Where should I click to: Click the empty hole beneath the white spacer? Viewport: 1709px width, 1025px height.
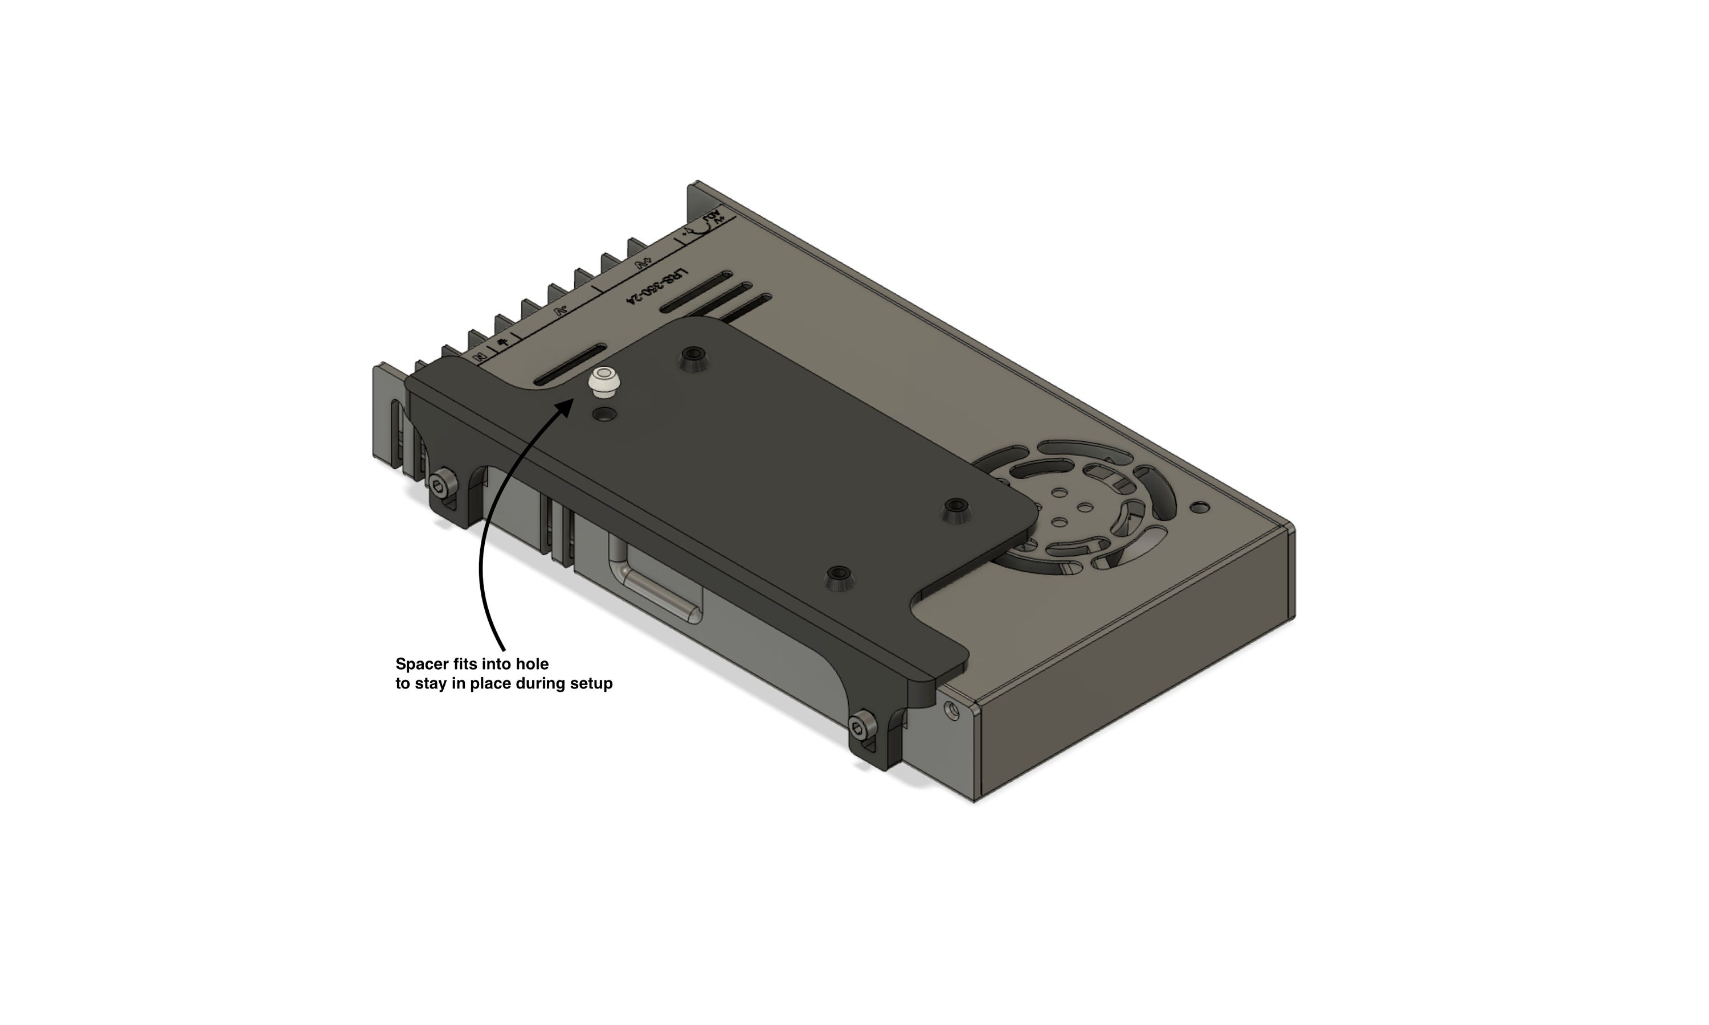pyautogui.click(x=606, y=415)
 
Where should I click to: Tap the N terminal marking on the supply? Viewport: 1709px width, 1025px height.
pyautogui.click(x=479, y=356)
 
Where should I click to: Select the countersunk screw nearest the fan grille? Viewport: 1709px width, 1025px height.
pyautogui.click(x=956, y=509)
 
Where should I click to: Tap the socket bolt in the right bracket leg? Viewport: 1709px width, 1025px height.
pyautogui.click(x=861, y=727)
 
